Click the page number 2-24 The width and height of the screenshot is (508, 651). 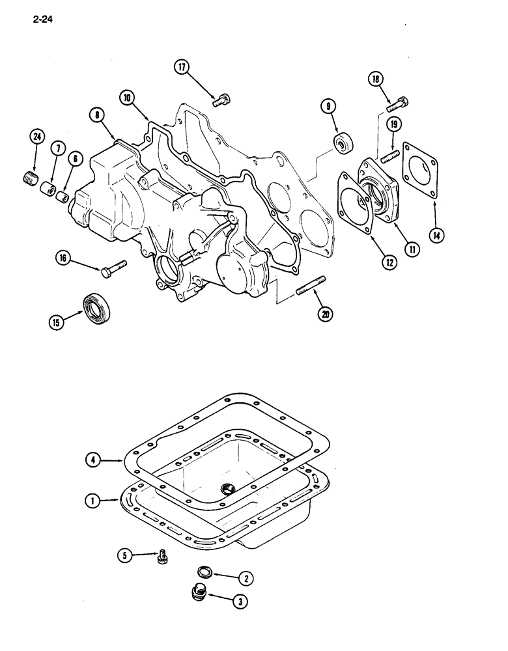pyautogui.click(x=40, y=20)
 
